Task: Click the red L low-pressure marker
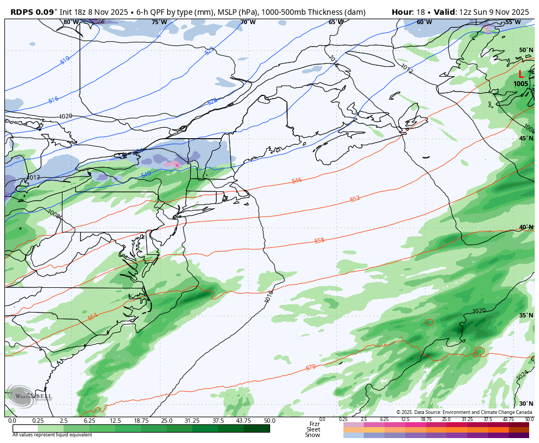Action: coord(520,75)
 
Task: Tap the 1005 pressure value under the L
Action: coord(521,84)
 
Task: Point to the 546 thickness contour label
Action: coord(296,180)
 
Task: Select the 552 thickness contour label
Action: coord(355,199)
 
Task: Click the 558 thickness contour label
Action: coord(319,241)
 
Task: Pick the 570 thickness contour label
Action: coord(311,367)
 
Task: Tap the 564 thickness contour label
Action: coord(93,317)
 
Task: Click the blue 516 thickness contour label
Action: coord(53,100)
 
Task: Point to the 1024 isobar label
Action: coord(522,376)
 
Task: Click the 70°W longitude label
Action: coord(248,22)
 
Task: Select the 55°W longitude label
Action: coord(513,22)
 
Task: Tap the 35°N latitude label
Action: coord(526,316)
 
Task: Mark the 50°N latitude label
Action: coord(526,50)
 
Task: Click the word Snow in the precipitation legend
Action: coord(313,435)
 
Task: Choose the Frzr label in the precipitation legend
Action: coord(314,423)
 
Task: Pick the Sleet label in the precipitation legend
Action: coord(313,429)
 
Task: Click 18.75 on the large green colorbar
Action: coord(141,421)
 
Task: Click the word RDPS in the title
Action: coord(24,12)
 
